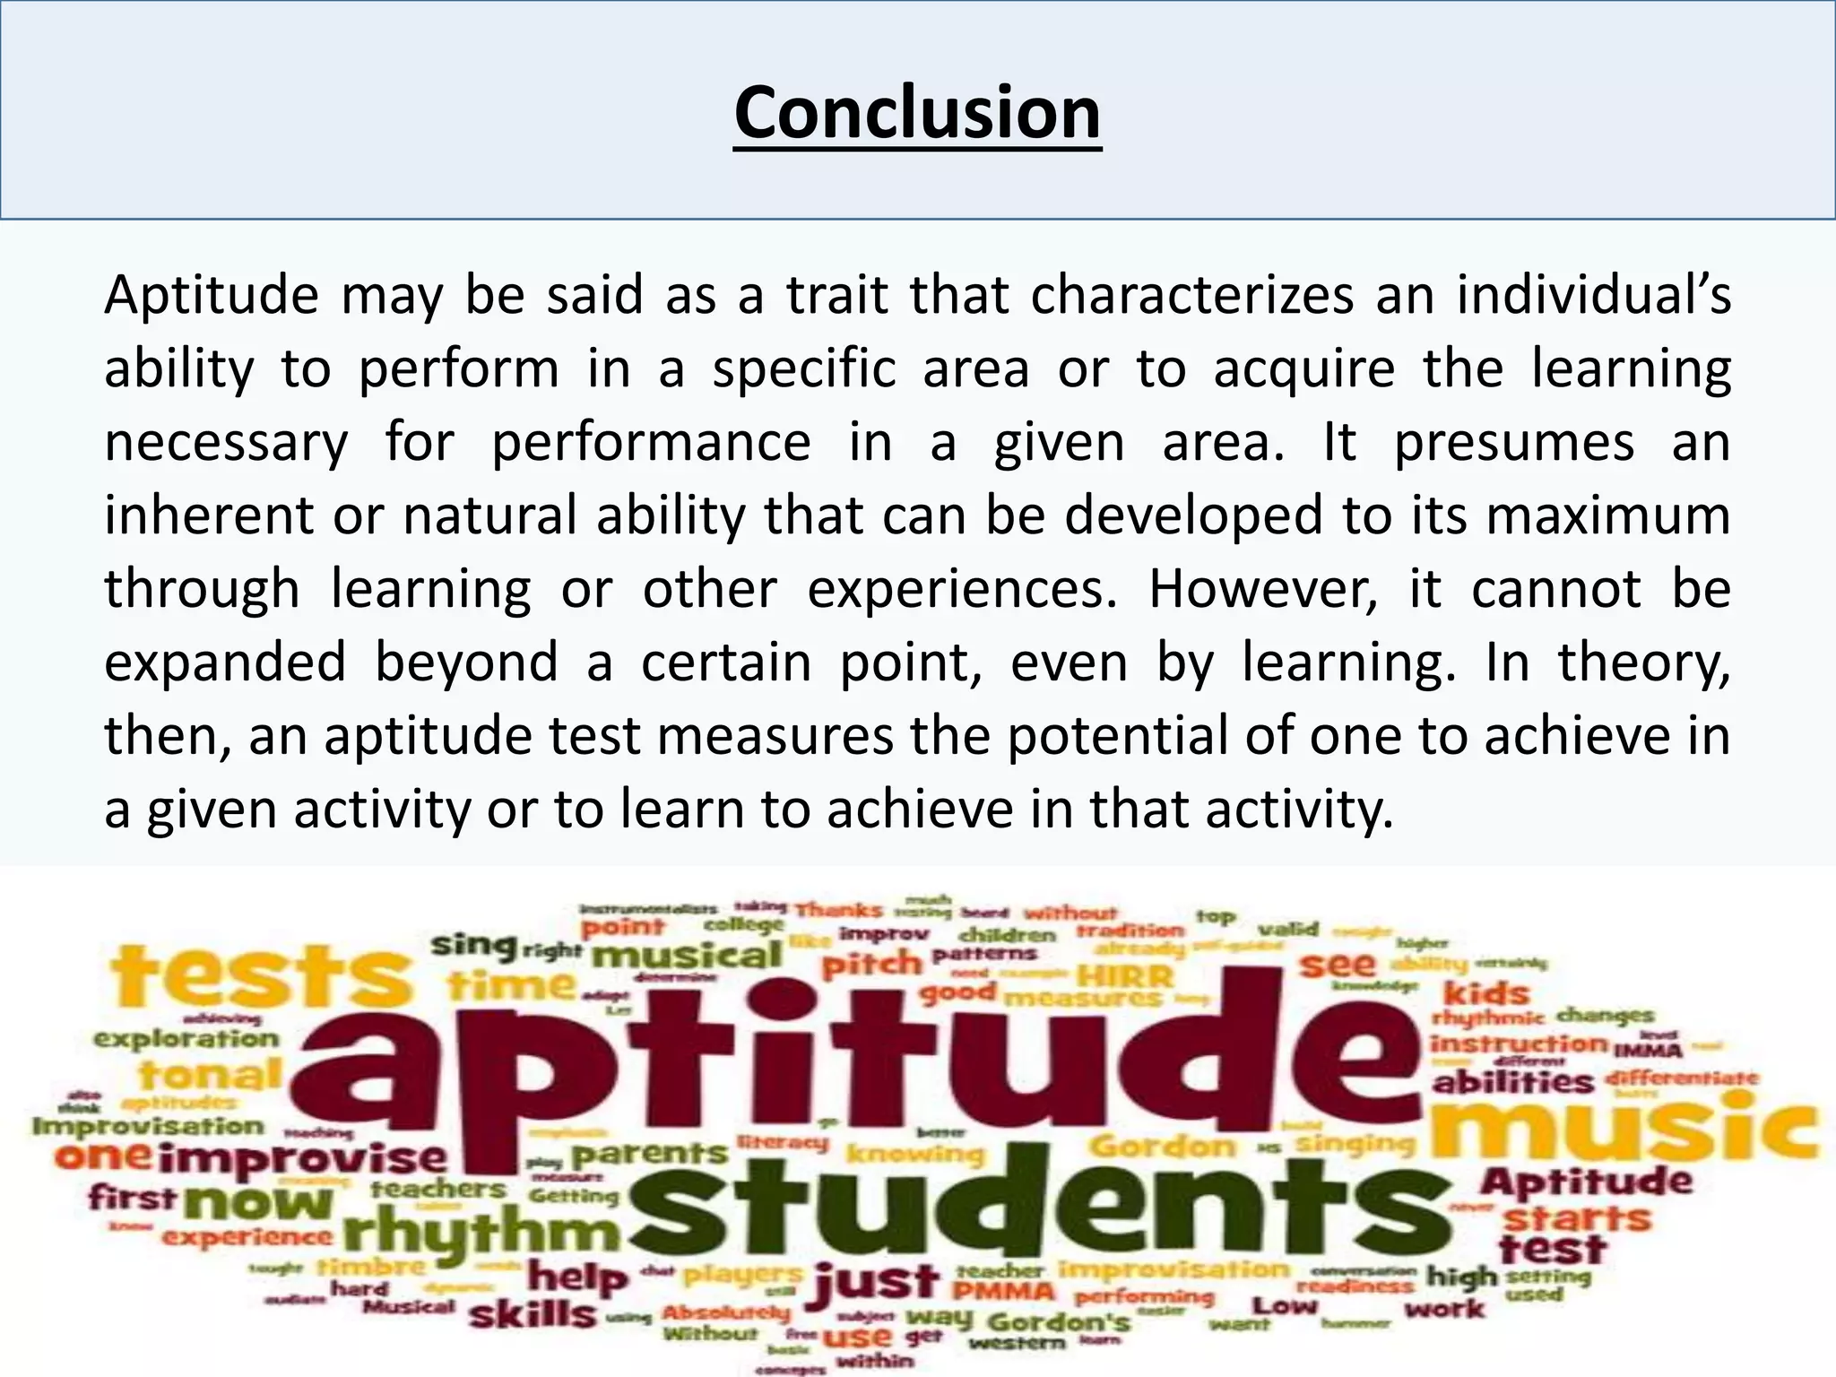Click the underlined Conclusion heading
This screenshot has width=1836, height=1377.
(917, 113)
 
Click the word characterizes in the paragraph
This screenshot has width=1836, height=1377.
(1191, 295)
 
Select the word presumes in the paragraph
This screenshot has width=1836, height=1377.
(1514, 442)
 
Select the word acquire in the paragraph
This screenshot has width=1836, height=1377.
(1304, 369)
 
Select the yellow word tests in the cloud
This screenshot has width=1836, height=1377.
(260, 977)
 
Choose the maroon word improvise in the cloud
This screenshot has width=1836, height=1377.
(305, 1158)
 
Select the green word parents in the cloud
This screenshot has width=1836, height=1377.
(650, 1153)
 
